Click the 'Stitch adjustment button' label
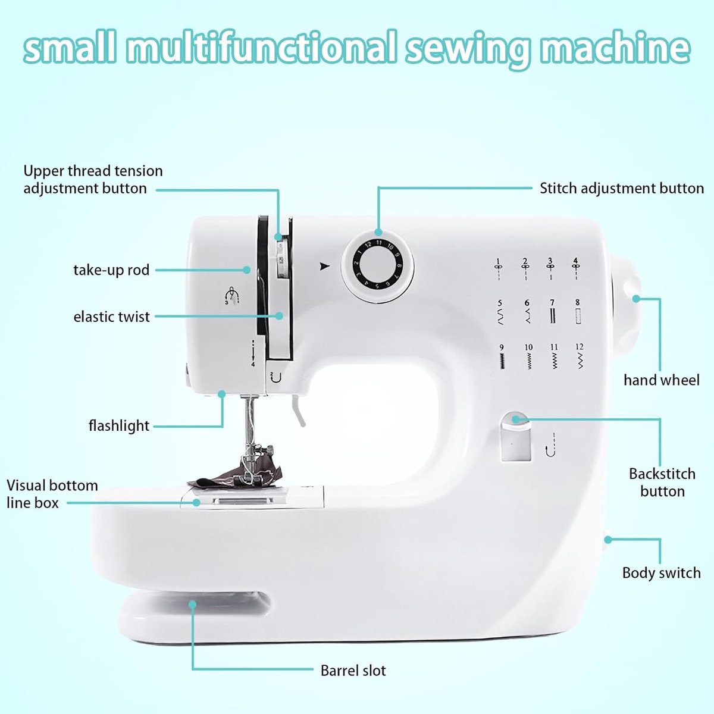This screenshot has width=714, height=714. click(x=621, y=189)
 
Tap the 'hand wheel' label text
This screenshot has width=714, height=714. click(x=662, y=380)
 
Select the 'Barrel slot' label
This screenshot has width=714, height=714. click(x=353, y=671)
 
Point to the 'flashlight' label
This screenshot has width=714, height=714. click(x=119, y=426)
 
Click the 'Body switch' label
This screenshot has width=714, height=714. click(x=662, y=573)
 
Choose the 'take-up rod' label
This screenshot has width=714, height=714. click(x=111, y=270)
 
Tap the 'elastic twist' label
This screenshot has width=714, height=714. click(x=111, y=317)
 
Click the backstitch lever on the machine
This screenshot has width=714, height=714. click(x=516, y=437)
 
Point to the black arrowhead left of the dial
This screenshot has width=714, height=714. click(x=325, y=266)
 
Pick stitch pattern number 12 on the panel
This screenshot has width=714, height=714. click(x=580, y=356)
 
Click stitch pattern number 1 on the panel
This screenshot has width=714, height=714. click(x=499, y=270)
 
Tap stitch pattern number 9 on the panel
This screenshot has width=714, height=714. click(x=502, y=356)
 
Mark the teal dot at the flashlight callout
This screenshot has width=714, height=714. click(x=221, y=393)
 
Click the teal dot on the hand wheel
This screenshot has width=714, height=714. click(x=636, y=298)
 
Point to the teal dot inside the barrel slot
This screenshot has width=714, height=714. click(x=192, y=605)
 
